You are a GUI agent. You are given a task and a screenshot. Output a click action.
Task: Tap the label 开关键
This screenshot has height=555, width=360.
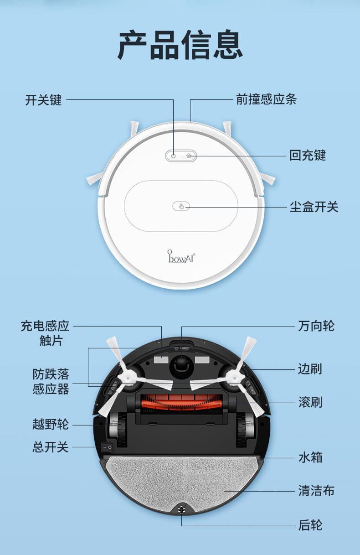43,100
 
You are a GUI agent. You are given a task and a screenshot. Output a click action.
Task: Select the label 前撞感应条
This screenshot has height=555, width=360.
267,99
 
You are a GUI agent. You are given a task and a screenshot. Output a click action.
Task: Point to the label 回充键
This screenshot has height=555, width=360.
308,156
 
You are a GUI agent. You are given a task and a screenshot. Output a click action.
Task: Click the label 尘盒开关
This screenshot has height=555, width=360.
314,207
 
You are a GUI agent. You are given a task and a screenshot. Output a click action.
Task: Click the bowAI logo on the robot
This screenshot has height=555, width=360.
181,257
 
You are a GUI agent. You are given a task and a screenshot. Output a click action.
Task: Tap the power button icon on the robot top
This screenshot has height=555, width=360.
173,156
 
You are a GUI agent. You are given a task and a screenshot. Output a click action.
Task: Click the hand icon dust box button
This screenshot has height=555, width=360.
181,206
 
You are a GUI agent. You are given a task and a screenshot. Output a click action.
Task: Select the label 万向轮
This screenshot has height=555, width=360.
316,326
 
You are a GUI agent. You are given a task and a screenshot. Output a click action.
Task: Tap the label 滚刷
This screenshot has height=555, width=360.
310,402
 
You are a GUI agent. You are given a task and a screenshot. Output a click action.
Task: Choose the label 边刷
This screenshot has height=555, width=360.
310,369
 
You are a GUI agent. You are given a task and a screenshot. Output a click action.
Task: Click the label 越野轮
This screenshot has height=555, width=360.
51,424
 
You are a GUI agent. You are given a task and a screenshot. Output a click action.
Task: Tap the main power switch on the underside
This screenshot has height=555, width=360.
107,447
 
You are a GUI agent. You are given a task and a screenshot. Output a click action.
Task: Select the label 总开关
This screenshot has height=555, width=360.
51,447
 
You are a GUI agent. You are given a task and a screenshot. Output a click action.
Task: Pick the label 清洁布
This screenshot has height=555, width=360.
316,491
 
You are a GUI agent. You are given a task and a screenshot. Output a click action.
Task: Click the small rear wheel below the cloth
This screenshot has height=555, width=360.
181,509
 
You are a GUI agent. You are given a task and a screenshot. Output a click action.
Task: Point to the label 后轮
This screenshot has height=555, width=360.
310,525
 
